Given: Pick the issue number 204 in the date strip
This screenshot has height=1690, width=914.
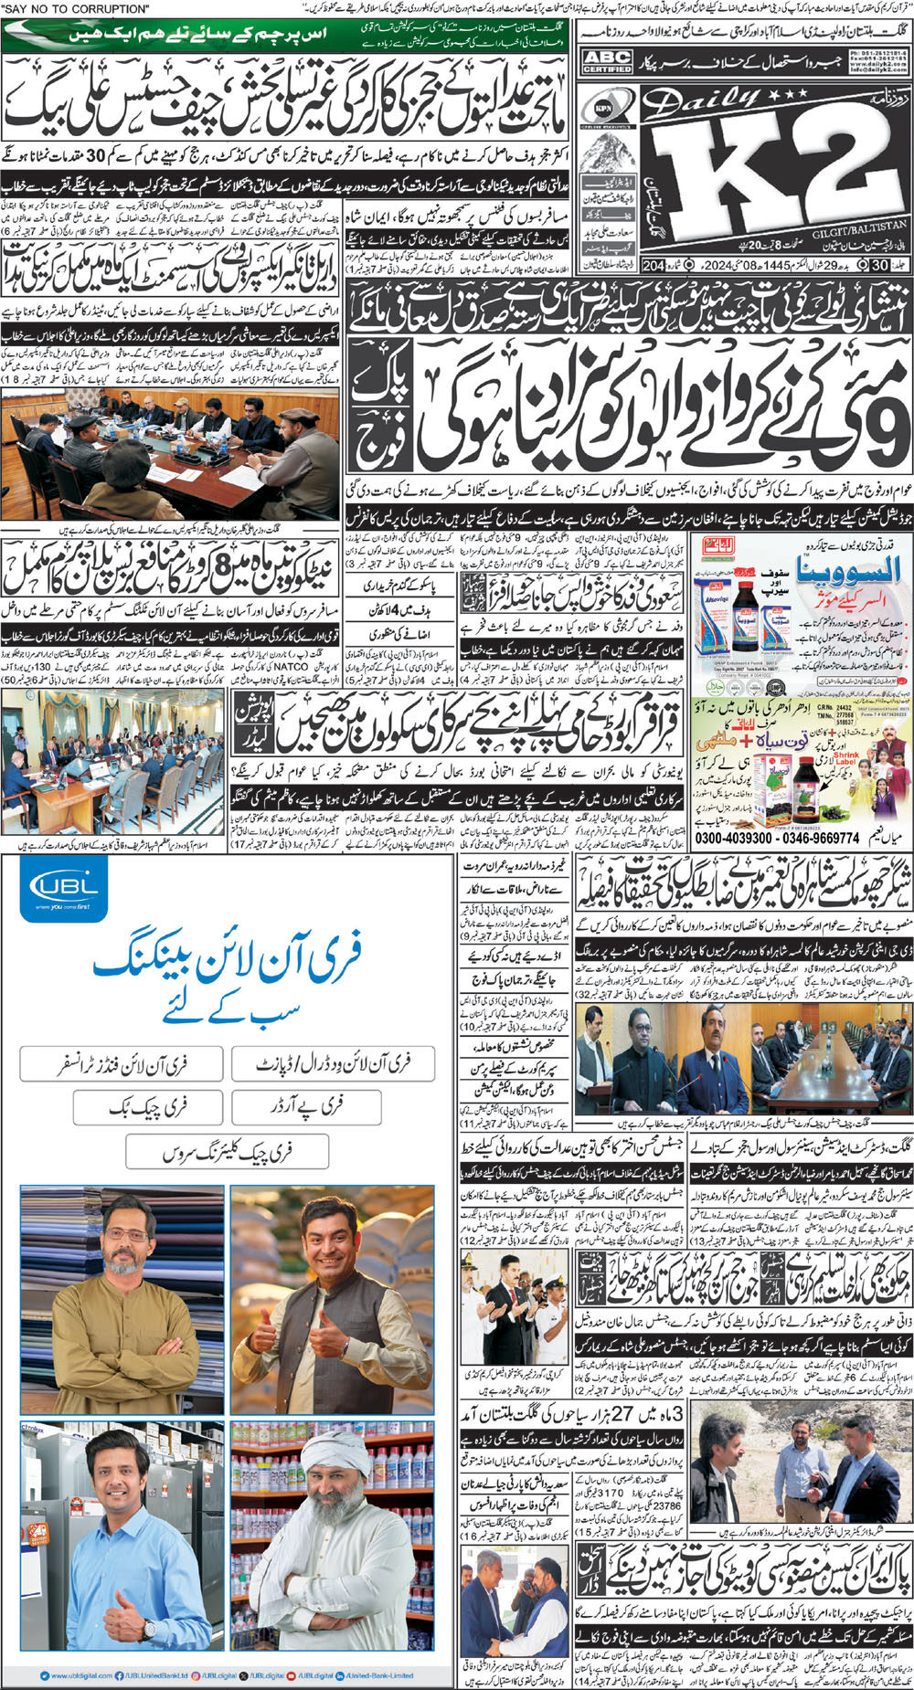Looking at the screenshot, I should tap(653, 267).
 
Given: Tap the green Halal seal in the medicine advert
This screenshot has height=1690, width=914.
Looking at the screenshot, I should tap(717, 548).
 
